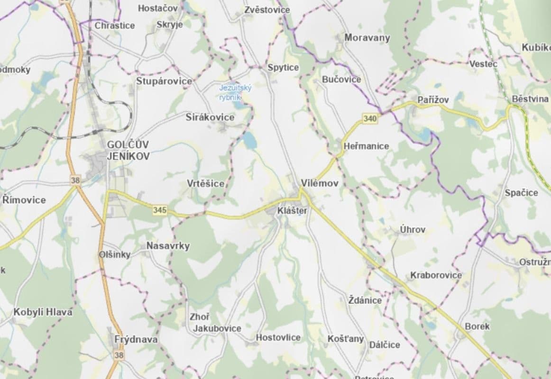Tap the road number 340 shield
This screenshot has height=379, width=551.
370,119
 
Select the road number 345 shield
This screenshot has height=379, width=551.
160,210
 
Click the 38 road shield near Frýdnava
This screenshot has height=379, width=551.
119,354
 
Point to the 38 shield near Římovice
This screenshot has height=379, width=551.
75,180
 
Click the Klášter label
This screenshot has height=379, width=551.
293,210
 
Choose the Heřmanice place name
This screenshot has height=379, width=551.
366,146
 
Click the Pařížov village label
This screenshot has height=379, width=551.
433,99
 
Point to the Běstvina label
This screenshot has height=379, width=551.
530,99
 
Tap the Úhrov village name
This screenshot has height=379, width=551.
412,229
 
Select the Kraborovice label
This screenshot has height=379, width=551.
436,275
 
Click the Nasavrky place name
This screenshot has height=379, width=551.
168,245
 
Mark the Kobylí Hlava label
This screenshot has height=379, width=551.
43,312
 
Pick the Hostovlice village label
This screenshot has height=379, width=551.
278,337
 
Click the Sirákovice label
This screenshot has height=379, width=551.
210,117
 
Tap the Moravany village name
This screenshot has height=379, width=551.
367,37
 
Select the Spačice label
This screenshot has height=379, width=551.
521,193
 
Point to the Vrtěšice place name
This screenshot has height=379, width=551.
205,183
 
